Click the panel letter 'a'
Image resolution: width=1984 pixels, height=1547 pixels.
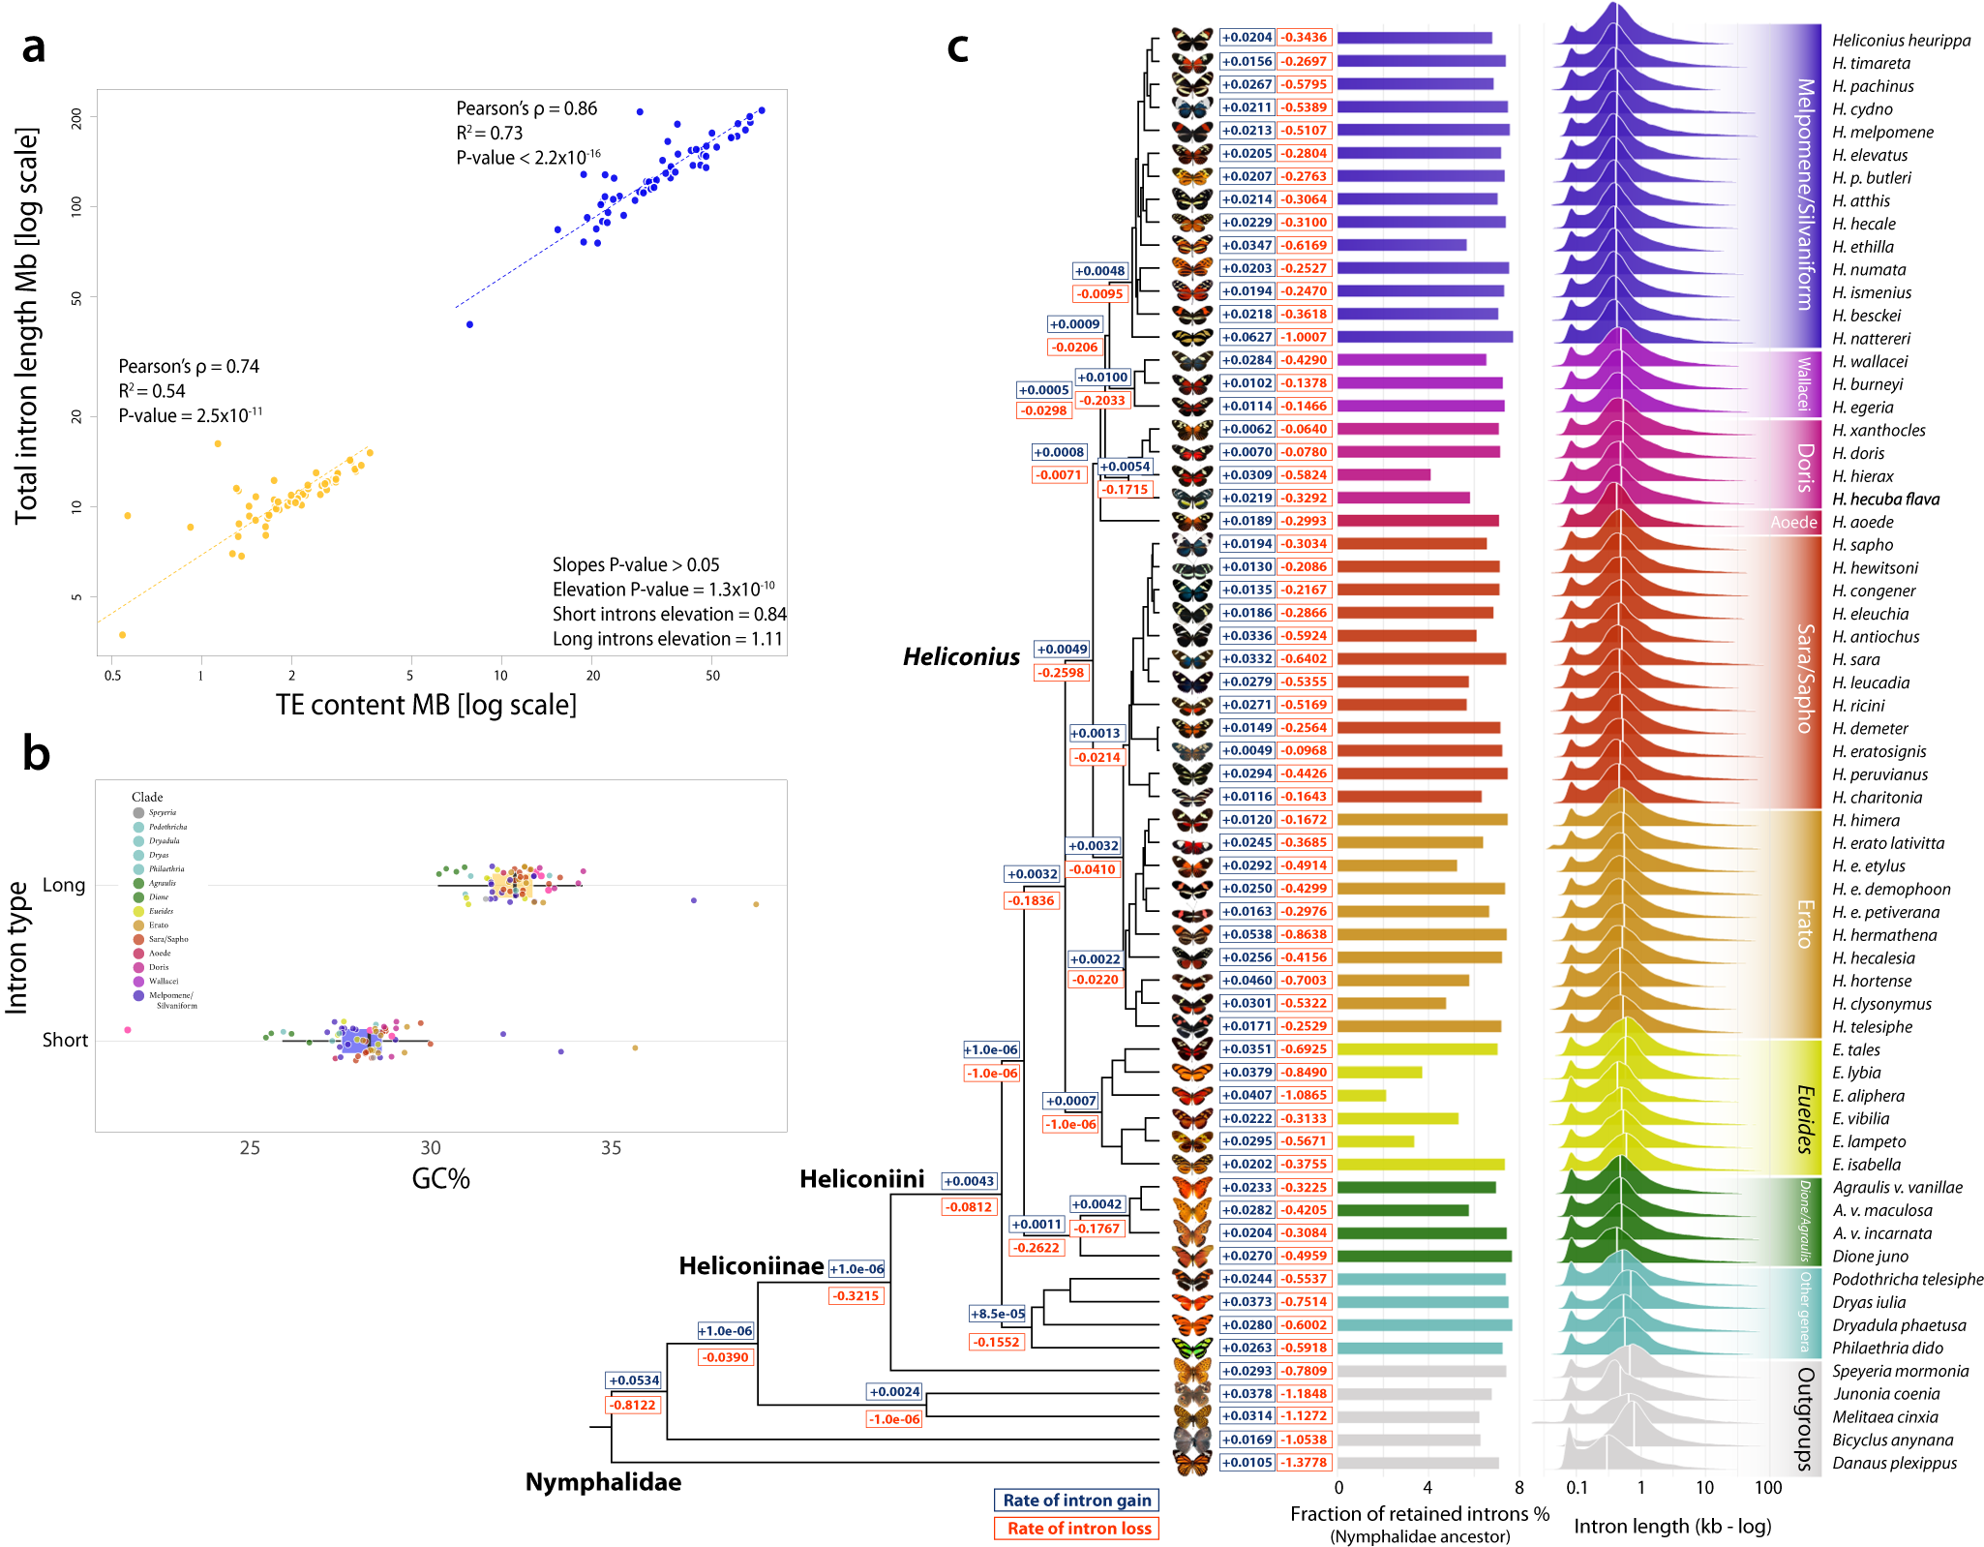coord(34,46)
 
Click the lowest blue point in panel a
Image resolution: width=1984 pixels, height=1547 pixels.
coord(469,324)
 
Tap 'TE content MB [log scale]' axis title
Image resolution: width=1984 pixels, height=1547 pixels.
coord(426,705)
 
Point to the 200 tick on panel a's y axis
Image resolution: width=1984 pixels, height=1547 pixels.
coord(76,118)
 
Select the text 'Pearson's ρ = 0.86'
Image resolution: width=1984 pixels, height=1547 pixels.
coord(526,108)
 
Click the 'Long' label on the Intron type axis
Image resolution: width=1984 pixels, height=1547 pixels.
coord(64,885)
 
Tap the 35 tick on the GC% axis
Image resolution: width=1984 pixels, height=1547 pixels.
coord(611,1148)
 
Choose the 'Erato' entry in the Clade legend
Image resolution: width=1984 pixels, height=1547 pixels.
coord(159,925)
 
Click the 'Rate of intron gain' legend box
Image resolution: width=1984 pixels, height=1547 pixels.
coord(1076,1501)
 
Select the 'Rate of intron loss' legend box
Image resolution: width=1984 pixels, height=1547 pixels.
coord(1076,1529)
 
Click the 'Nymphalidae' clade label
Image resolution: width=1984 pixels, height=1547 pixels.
coord(603,1482)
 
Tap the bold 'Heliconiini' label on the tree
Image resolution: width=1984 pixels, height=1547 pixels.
coord(861,1179)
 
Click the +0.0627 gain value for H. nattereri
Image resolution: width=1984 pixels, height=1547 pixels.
coord(1247,337)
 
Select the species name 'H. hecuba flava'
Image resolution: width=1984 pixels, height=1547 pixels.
coord(1885,500)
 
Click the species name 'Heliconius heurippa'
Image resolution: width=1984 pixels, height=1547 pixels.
coord(1901,41)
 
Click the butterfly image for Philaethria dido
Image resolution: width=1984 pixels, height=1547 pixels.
coord(1191,1348)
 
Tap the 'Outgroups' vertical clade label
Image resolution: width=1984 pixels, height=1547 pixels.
coord(1804,1418)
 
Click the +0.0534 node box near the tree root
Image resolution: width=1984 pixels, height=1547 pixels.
coord(634,1380)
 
